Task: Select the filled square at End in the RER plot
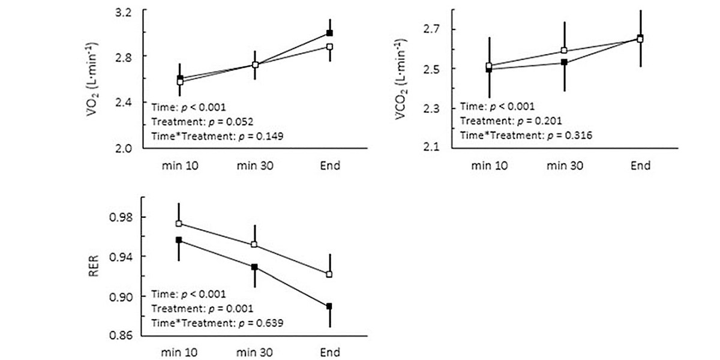point(329,307)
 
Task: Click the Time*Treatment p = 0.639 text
point(217,323)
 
